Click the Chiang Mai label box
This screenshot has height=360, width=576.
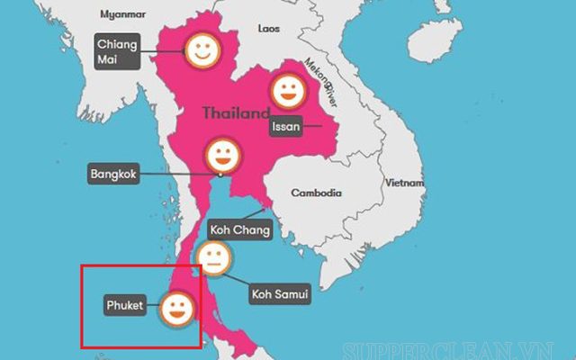click(118, 52)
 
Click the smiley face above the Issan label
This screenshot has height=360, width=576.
click(289, 89)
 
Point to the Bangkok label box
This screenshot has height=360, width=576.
click(114, 173)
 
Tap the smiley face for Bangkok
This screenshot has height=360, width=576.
click(222, 155)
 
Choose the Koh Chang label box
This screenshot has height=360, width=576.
click(238, 229)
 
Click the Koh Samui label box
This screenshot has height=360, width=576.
click(279, 294)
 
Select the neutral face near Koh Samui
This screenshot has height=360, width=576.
click(214, 259)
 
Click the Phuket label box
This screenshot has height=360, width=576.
click(125, 306)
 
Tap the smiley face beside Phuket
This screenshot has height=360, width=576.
click(176, 310)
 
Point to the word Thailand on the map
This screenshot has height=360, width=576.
click(235, 113)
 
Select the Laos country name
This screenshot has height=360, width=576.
click(269, 29)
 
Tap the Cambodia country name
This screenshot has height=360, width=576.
click(316, 193)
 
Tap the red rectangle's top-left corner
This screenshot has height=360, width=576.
click(82, 265)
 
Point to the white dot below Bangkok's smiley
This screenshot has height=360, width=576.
click(222, 174)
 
